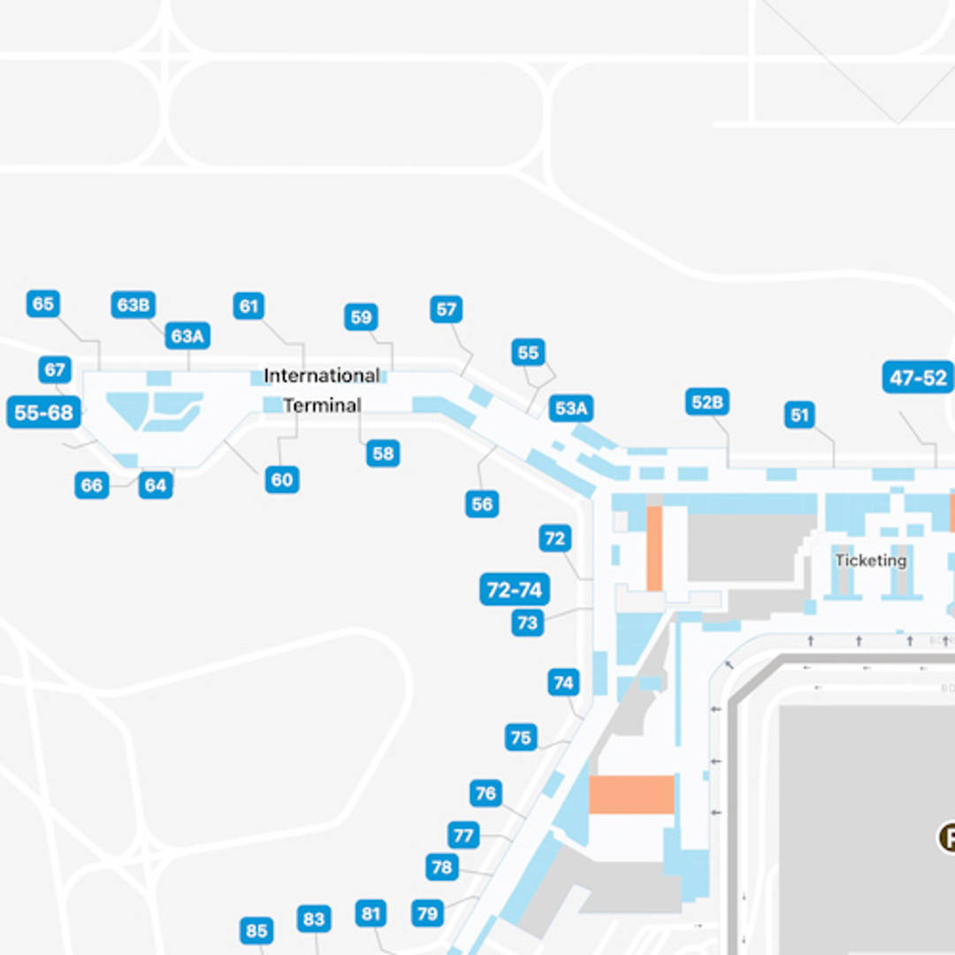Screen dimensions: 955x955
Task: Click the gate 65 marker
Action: pyautogui.click(x=42, y=304)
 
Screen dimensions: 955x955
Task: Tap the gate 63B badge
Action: pyautogui.click(x=134, y=305)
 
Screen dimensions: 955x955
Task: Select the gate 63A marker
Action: pyautogui.click(x=187, y=336)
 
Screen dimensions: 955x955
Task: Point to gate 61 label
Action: pyautogui.click(x=249, y=307)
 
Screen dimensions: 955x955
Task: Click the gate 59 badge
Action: pyautogui.click(x=361, y=317)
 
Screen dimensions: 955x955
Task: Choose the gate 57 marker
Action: pyautogui.click(x=447, y=309)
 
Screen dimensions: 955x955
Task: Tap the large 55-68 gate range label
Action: pyautogui.click(x=44, y=413)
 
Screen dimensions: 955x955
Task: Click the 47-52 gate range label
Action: pyautogui.click(x=918, y=378)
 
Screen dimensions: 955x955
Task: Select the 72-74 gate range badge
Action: pyautogui.click(x=515, y=590)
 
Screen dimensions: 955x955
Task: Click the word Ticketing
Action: pyautogui.click(x=871, y=561)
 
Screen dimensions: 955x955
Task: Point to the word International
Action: pyautogui.click(x=322, y=376)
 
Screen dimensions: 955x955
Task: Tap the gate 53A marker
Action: pyautogui.click(x=570, y=409)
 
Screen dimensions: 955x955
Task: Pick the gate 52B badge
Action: pyautogui.click(x=707, y=402)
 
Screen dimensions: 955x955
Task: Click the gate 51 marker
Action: pyautogui.click(x=799, y=415)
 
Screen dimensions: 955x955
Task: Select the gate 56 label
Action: pyautogui.click(x=482, y=504)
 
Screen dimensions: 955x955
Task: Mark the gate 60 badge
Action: pyautogui.click(x=282, y=480)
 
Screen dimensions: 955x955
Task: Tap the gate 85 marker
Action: pyautogui.click(x=256, y=931)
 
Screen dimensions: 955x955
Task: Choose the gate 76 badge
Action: pyautogui.click(x=485, y=793)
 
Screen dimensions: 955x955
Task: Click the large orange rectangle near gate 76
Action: pyautogui.click(x=631, y=795)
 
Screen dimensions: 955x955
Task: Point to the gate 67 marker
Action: pyautogui.click(x=55, y=370)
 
